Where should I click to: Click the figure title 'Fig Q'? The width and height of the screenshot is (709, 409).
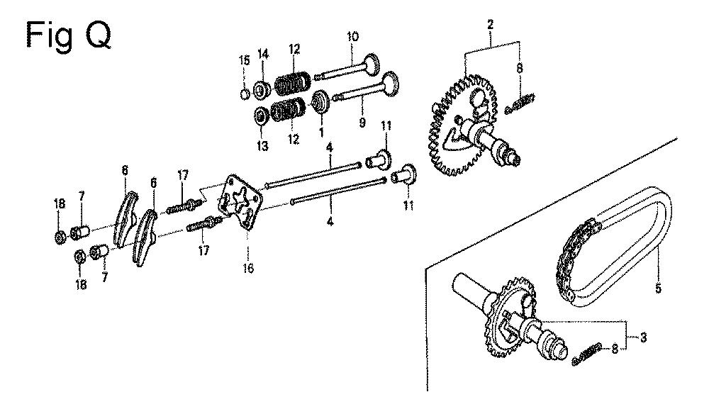[x=69, y=35]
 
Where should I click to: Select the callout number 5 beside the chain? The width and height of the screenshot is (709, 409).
[x=658, y=287]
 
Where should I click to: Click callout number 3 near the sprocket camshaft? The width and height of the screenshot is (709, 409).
[x=643, y=337]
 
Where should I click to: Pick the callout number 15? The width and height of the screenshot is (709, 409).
[x=244, y=60]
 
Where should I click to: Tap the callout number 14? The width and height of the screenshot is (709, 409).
[x=263, y=55]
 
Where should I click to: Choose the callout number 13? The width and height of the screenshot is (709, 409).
[x=262, y=146]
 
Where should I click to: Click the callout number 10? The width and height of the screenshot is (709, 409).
[x=352, y=36]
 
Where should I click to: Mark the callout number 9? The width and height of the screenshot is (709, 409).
[x=362, y=122]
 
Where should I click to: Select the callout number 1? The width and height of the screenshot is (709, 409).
[x=321, y=133]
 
